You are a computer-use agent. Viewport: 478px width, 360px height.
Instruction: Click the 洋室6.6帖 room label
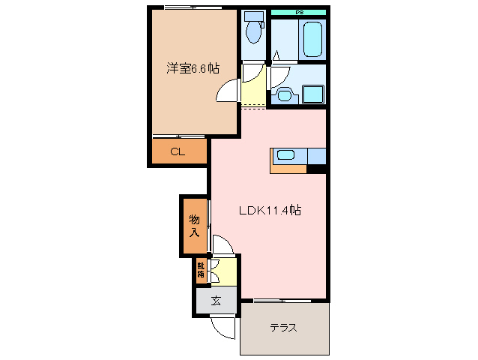click(x=193, y=68)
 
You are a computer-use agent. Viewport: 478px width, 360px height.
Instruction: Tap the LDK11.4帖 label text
click(x=270, y=211)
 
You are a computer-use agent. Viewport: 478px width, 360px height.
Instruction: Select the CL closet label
click(x=178, y=152)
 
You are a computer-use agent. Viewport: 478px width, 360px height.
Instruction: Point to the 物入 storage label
click(x=193, y=225)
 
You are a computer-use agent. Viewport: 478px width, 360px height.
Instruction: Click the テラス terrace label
click(x=284, y=328)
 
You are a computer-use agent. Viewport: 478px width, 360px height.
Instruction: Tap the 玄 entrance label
click(x=216, y=301)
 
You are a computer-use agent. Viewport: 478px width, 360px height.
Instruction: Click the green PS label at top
click(x=299, y=12)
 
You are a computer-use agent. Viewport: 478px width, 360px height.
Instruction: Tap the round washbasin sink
click(x=283, y=94)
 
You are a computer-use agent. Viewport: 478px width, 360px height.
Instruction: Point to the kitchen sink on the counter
click(x=286, y=156)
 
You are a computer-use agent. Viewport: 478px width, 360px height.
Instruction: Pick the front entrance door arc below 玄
click(x=223, y=327)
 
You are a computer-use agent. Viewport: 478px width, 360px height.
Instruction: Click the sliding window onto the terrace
click(x=282, y=301)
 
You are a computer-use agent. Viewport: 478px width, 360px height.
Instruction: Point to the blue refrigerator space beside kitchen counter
click(x=316, y=156)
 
